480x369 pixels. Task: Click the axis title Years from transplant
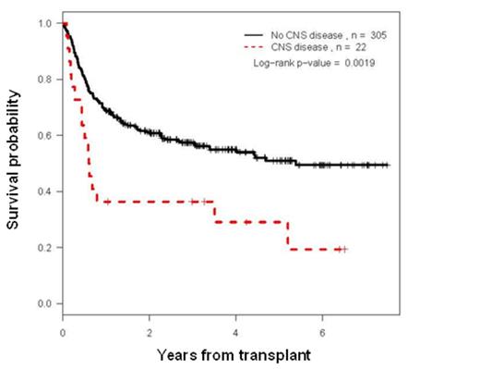[225, 354]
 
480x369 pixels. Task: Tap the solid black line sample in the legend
[244, 34]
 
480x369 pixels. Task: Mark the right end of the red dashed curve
[345, 249]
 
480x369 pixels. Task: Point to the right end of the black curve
[388, 165]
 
